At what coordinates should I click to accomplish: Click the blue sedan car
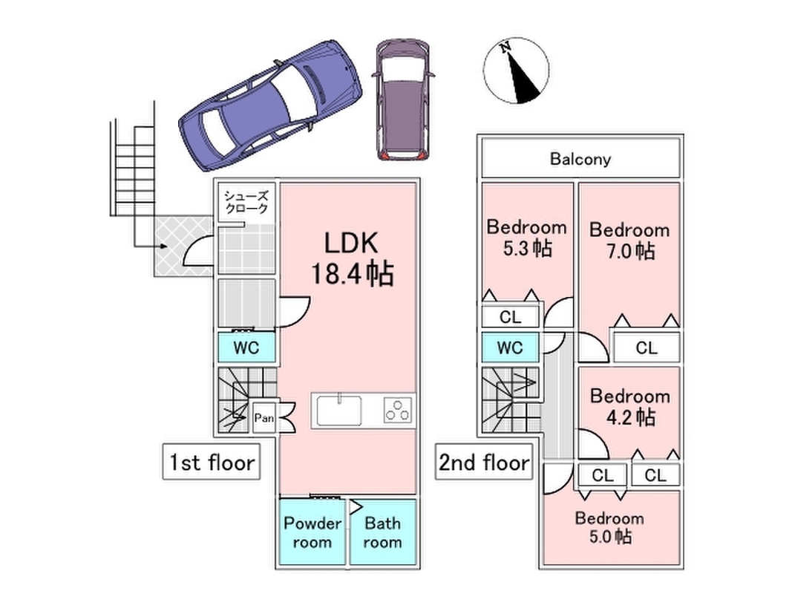[x=270, y=105]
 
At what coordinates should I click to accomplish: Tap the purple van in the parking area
[x=403, y=100]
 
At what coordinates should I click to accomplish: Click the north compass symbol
[x=516, y=71]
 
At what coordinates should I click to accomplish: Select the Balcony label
[x=580, y=159]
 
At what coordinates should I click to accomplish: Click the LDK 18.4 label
[x=352, y=258]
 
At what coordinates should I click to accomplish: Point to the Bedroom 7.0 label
[x=630, y=241]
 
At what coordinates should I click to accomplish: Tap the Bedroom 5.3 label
[x=526, y=238]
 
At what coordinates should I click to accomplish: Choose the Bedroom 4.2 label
[x=630, y=407]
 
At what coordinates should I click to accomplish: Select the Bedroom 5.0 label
[x=609, y=527]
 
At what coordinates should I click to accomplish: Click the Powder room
[x=312, y=532]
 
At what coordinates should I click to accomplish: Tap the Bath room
[x=382, y=532]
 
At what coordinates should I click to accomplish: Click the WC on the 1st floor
[x=246, y=347]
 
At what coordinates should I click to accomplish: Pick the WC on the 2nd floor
[x=510, y=347]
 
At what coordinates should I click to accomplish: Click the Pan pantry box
[x=264, y=418]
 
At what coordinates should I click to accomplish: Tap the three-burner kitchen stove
[x=398, y=410]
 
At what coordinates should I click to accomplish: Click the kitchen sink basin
[x=339, y=411]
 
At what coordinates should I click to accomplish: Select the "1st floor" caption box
[x=211, y=462]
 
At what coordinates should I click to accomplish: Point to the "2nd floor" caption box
[x=484, y=462]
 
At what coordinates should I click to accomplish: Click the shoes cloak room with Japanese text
[x=246, y=202]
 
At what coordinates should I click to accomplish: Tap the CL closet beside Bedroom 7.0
[x=647, y=347]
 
